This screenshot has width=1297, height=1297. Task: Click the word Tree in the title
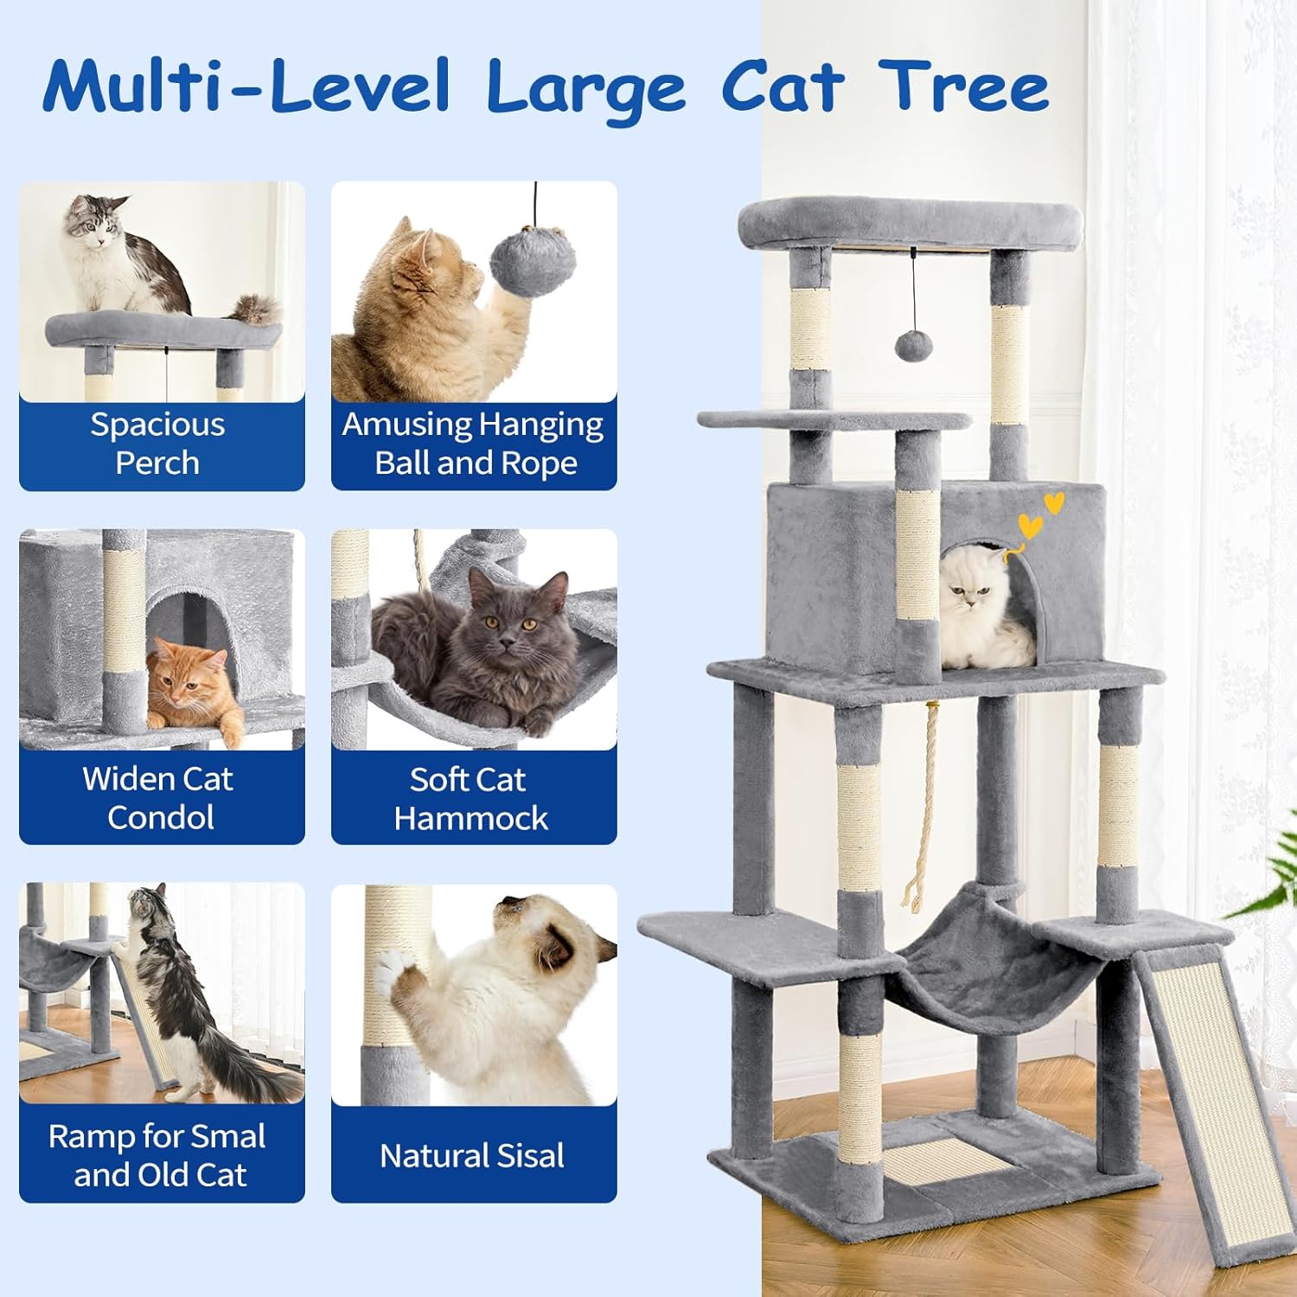tap(964, 86)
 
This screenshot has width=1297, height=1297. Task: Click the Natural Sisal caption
tap(472, 1155)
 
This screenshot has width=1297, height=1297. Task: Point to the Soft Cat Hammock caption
tap(472, 798)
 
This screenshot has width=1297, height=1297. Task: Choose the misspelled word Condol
tap(161, 817)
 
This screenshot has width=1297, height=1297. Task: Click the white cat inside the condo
tap(981, 610)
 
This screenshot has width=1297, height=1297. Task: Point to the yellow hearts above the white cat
tap(1039, 516)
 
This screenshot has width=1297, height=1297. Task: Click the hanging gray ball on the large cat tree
tap(913, 346)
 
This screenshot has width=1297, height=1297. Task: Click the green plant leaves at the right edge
tap(1271, 882)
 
